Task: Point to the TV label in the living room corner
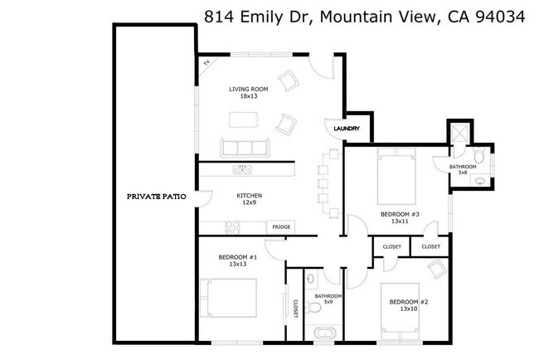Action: click(x=206, y=61)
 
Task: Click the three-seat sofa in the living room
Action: click(x=245, y=148)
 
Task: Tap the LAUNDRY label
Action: click(x=346, y=129)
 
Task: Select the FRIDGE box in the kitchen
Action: click(x=280, y=226)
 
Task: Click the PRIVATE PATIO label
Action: click(x=155, y=197)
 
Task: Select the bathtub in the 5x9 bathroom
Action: click(x=323, y=335)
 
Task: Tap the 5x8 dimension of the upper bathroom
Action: click(x=463, y=173)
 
